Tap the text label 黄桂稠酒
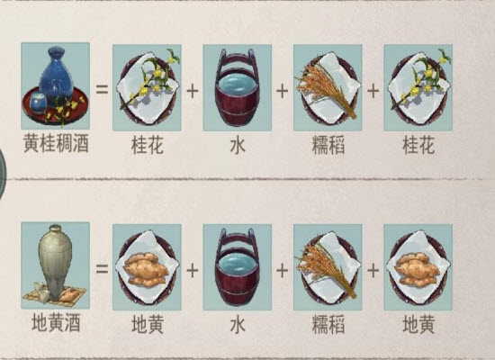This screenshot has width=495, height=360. click(56, 145)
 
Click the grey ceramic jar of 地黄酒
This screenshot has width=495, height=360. click(55, 260)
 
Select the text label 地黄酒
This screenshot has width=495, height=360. click(56, 323)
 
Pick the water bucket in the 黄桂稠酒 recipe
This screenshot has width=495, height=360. click(237, 88)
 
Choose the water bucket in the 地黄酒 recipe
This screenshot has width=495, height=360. click(237, 267)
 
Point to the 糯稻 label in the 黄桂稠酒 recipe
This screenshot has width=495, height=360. click(328, 145)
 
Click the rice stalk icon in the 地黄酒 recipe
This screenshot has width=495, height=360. click(328, 266)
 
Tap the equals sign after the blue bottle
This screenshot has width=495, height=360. click(102, 89)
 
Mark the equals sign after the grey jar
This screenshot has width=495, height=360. click(102, 269)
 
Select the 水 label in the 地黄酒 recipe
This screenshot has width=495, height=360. click(238, 324)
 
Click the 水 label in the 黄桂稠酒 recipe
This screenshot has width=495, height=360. click(238, 145)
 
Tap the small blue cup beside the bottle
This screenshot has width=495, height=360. click(38, 103)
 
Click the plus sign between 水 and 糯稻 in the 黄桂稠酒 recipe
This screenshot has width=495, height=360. click(283, 91)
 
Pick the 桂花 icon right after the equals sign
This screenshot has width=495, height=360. click(147, 88)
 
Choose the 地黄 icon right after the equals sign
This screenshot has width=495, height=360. click(147, 267)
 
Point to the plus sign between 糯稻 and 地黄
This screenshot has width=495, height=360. click(373, 270)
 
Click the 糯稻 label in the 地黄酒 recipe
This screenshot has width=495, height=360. click(328, 324)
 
